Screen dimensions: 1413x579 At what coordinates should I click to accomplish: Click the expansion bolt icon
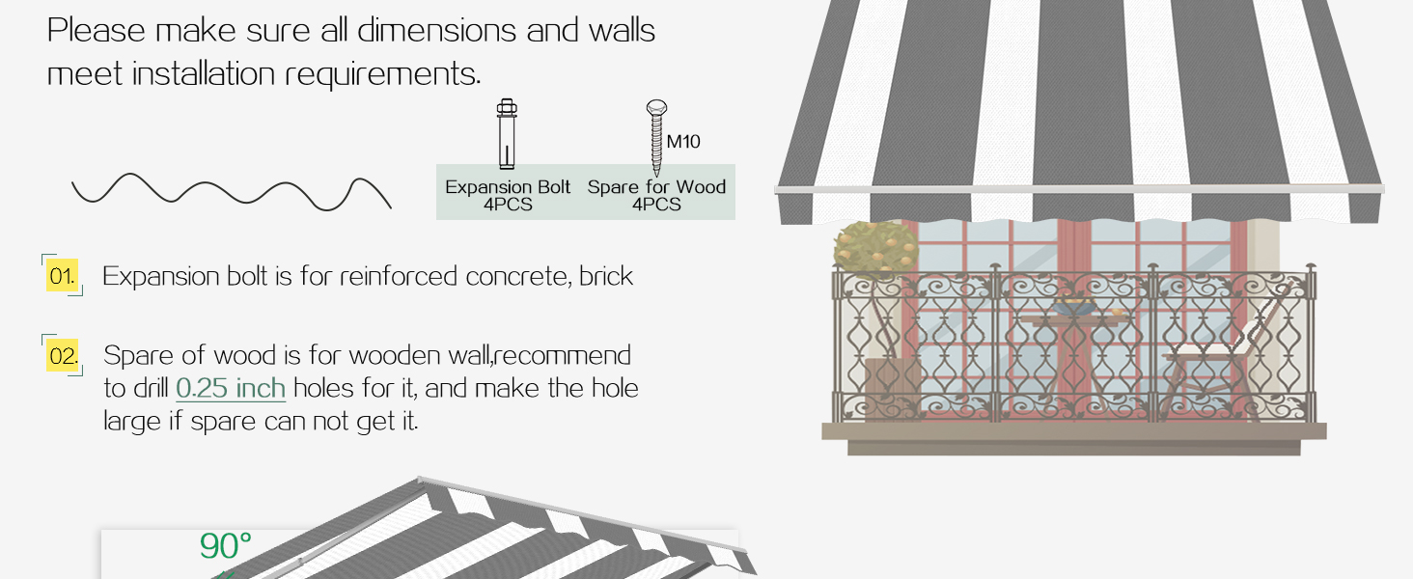tap(507, 134)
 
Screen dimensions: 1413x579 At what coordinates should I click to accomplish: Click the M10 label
tap(683, 142)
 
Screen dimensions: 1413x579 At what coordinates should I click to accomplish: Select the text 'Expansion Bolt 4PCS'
tap(508, 196)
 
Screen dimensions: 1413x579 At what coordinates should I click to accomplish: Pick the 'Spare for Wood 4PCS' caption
tap(656, 196)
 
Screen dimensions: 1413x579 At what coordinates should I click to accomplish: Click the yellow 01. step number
tap(62, 276)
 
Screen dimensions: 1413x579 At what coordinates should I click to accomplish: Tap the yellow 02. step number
tap(63, 356)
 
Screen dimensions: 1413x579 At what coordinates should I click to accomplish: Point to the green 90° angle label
tap(225, 545)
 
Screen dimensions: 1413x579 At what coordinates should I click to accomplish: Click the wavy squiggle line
tap(231, 192)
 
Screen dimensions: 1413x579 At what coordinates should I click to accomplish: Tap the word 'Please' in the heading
tap(96, 31)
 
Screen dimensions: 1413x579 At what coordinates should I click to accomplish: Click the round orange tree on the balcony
tap(875, 249)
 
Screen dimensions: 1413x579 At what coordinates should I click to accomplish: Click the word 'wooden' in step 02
tap(394, 356)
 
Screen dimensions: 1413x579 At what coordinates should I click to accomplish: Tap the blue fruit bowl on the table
tap(1073, 308)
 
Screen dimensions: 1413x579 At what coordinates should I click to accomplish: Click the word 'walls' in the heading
tap(622, 31)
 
